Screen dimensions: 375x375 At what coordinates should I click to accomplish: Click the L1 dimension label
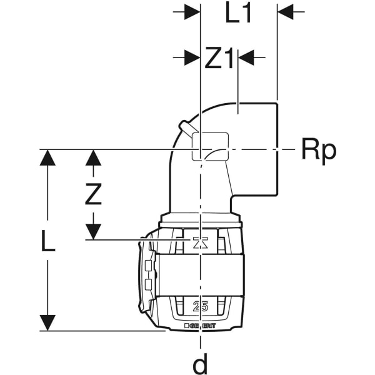click(238, 13)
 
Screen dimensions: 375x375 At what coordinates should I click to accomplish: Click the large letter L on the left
click(48, 241)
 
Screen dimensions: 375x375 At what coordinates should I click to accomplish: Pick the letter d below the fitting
click(201, 362)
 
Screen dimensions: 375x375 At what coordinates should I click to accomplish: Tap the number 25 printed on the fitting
click(201, 306)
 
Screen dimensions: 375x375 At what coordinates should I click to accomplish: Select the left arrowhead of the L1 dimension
click(191, 12)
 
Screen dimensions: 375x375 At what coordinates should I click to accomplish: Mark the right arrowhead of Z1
click(246, 58)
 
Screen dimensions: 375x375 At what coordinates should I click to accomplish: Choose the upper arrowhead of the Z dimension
click(93, 157)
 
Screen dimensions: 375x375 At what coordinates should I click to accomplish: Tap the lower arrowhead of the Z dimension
click(93, 232)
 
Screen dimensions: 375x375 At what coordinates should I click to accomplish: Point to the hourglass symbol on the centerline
click(200, 242)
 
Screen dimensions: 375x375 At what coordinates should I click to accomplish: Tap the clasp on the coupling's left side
click(147, 275)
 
